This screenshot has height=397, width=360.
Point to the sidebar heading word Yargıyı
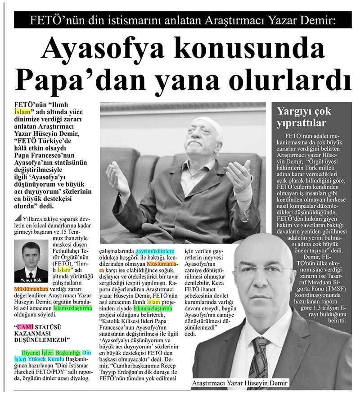click(x=296, y=111)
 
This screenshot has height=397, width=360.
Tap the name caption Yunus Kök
click(x=31, y=277)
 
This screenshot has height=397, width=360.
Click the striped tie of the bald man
click(x=261, y=360)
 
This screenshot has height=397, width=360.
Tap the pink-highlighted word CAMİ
click(x=27, y=326)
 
